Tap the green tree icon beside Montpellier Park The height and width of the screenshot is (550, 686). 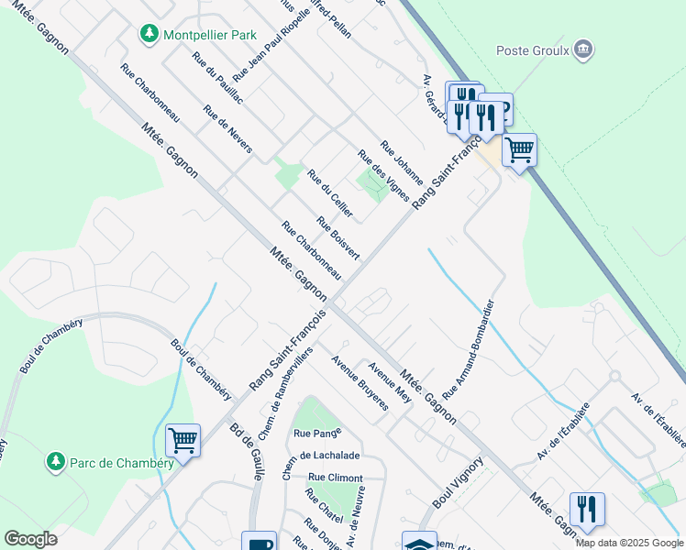click(149, 34)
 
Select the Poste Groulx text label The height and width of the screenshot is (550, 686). click(533, 49)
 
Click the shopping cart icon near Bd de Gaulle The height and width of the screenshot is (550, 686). click(183, 441)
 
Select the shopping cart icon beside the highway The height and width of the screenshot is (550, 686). click(519, 149)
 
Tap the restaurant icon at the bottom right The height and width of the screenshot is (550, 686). click(586, 509)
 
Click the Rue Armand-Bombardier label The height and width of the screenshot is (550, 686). click(469, 348)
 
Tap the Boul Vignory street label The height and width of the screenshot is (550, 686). click(457, 486)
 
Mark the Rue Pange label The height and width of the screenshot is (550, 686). click(317, 432)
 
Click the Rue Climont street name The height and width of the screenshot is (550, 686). click(335, 478)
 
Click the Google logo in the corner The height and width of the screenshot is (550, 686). click(31, 539)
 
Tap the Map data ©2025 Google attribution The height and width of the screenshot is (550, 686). click(628, 543)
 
